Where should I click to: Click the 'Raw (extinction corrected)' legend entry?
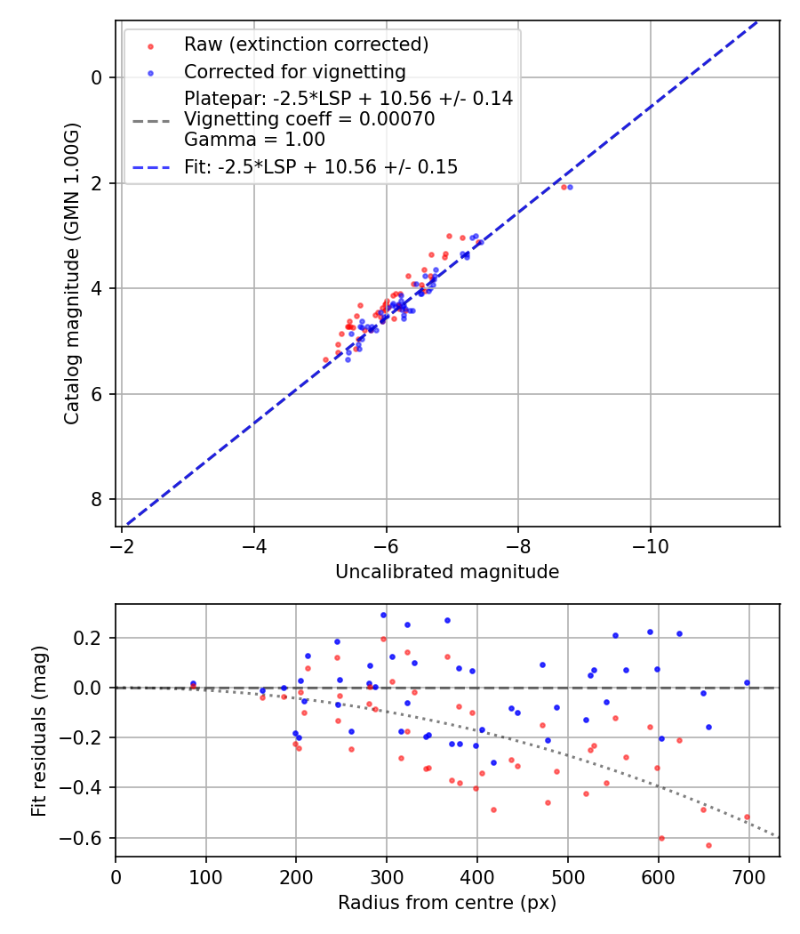point(306,44)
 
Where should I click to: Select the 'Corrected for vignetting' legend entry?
point(294,72)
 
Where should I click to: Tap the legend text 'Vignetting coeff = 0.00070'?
point(309,119)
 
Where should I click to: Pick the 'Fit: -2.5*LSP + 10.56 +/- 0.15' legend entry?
point(321,166)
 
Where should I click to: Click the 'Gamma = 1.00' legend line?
point(254,140)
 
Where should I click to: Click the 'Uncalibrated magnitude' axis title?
point(447,572)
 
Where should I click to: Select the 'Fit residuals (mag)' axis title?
point(39,731)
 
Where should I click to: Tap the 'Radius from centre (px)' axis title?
point(447,903)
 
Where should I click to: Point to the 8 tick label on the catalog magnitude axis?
point(98,499)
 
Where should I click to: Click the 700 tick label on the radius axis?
point(749,875)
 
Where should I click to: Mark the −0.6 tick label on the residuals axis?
point(89,838)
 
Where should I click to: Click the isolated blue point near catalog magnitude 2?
point(570,187)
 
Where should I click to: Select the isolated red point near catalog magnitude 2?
point(563,187)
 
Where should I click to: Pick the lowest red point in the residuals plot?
point(708,845)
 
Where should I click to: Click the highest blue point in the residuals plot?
point(383,615)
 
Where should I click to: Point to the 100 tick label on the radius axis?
point(206,875)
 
